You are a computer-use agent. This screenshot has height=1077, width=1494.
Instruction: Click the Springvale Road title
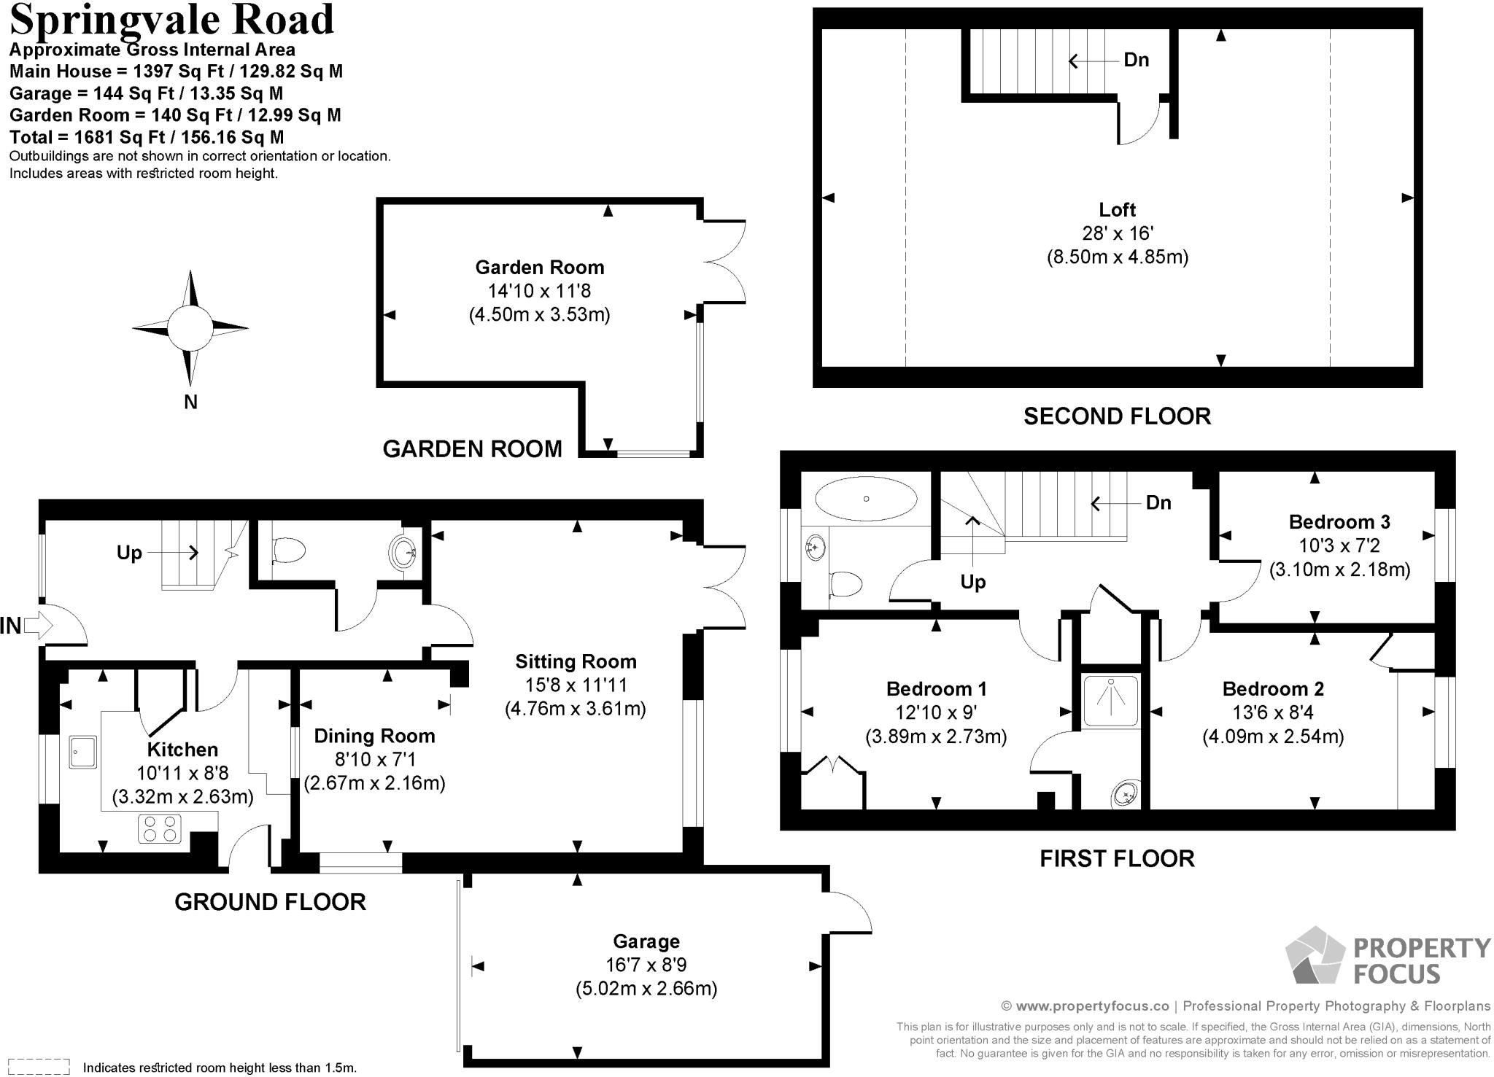[171, 20]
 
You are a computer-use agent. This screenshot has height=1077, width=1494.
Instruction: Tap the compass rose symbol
[190, 329]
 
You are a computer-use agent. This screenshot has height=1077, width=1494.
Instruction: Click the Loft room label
[1117, 210]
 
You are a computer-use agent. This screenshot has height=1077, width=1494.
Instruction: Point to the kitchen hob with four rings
[160, 829]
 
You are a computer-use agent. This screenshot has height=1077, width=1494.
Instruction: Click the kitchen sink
[82, 751]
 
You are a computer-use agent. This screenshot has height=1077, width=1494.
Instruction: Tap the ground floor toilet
[287, 551]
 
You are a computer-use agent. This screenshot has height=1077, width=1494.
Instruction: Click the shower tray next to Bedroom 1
[1110, 701]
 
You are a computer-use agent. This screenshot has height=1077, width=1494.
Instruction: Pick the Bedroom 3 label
[1339, 522]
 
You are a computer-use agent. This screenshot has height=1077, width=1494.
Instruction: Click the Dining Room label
[374, 736]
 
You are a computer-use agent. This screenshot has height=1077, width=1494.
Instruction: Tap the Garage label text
[646, 941]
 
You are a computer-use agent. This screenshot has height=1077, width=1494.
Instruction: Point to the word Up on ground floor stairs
[129, 553]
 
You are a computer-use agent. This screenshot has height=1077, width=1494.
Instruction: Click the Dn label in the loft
[1136, 60]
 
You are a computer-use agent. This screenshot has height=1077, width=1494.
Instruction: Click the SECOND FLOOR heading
[1117, 416]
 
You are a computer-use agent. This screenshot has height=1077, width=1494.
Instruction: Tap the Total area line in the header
[147, 137]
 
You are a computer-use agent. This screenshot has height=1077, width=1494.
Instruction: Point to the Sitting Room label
[576, 661]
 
